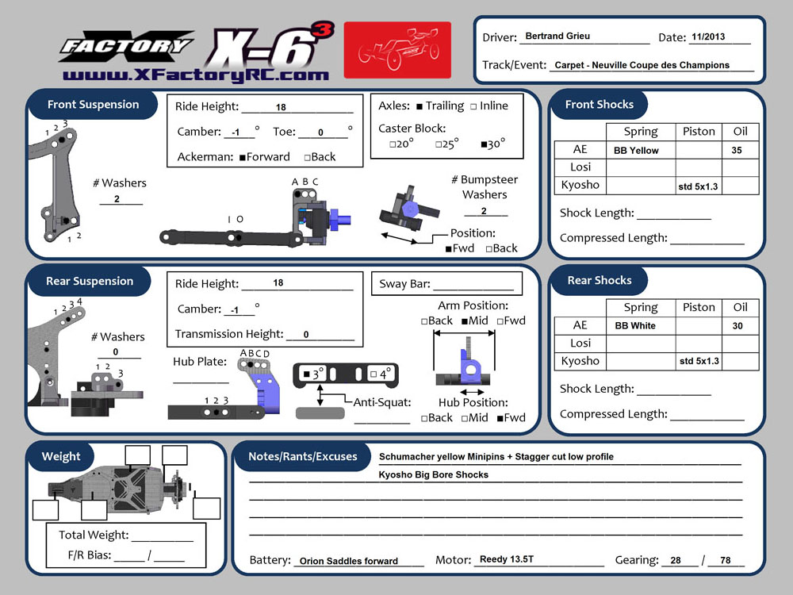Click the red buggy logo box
(397, 51)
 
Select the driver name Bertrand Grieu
(557, 36)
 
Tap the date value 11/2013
(708, 37)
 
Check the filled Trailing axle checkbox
(419, 106)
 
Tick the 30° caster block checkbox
(484, 145)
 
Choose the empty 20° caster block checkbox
(393, 145)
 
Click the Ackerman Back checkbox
(308, 158)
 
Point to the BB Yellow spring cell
(636, 151)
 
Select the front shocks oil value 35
(737, 151)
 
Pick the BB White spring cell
(635, 326)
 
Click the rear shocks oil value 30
(737, 326)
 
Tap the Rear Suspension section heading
(90, 281)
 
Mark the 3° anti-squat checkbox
(306, 373)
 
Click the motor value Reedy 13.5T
(507, 559)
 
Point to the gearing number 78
(725, 560)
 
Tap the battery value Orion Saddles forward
(348, 561)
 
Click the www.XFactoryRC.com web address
(195, 75)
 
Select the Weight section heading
(61, 456)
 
